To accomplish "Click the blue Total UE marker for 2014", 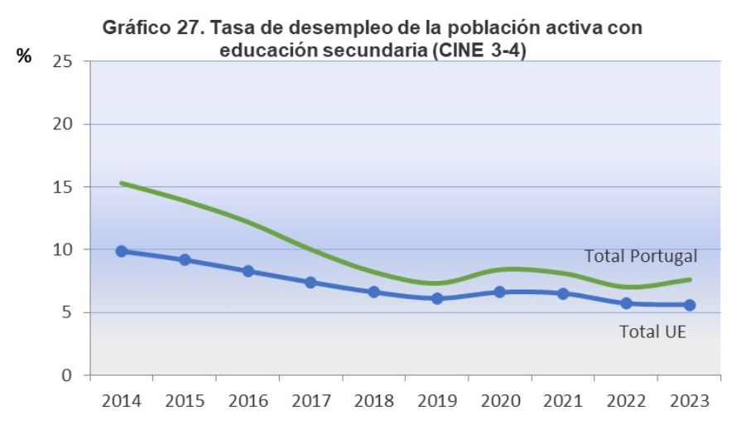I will point(122,251).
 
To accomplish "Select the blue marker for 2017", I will point(310,282).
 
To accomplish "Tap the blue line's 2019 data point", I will point(437,298).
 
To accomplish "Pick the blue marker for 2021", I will point(563,293).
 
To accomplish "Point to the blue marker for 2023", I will point(690,305).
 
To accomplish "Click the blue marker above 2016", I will point(248,271).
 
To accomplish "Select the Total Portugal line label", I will point(641,255).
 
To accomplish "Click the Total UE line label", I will point(654,332).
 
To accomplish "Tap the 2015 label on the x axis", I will point(185,401).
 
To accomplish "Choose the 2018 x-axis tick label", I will point(374,401).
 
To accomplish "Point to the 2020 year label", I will point(500,401).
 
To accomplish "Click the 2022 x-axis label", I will point(627,401).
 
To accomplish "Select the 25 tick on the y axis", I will point(61,62).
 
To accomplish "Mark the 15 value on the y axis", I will point(61,187).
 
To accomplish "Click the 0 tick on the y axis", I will point(66,375).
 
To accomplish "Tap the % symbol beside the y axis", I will point(25,56).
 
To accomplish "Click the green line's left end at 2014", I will point(122,182).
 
